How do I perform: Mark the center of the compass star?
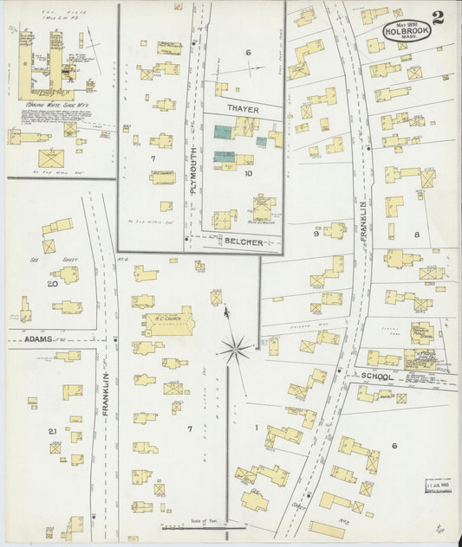[232, 350]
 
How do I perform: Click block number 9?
[316, 233]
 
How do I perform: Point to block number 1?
[257, 427]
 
